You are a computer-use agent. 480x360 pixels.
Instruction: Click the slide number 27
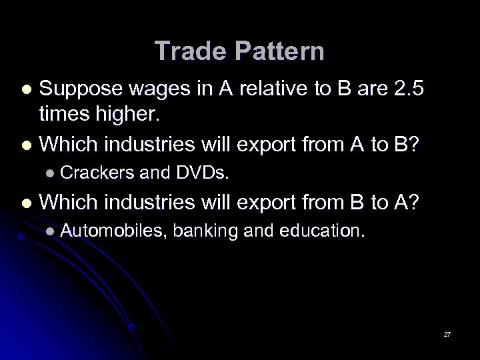[447, 334]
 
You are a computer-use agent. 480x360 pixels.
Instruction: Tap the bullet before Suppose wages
[26, 89]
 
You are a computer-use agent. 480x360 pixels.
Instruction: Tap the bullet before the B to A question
[26, 203]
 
